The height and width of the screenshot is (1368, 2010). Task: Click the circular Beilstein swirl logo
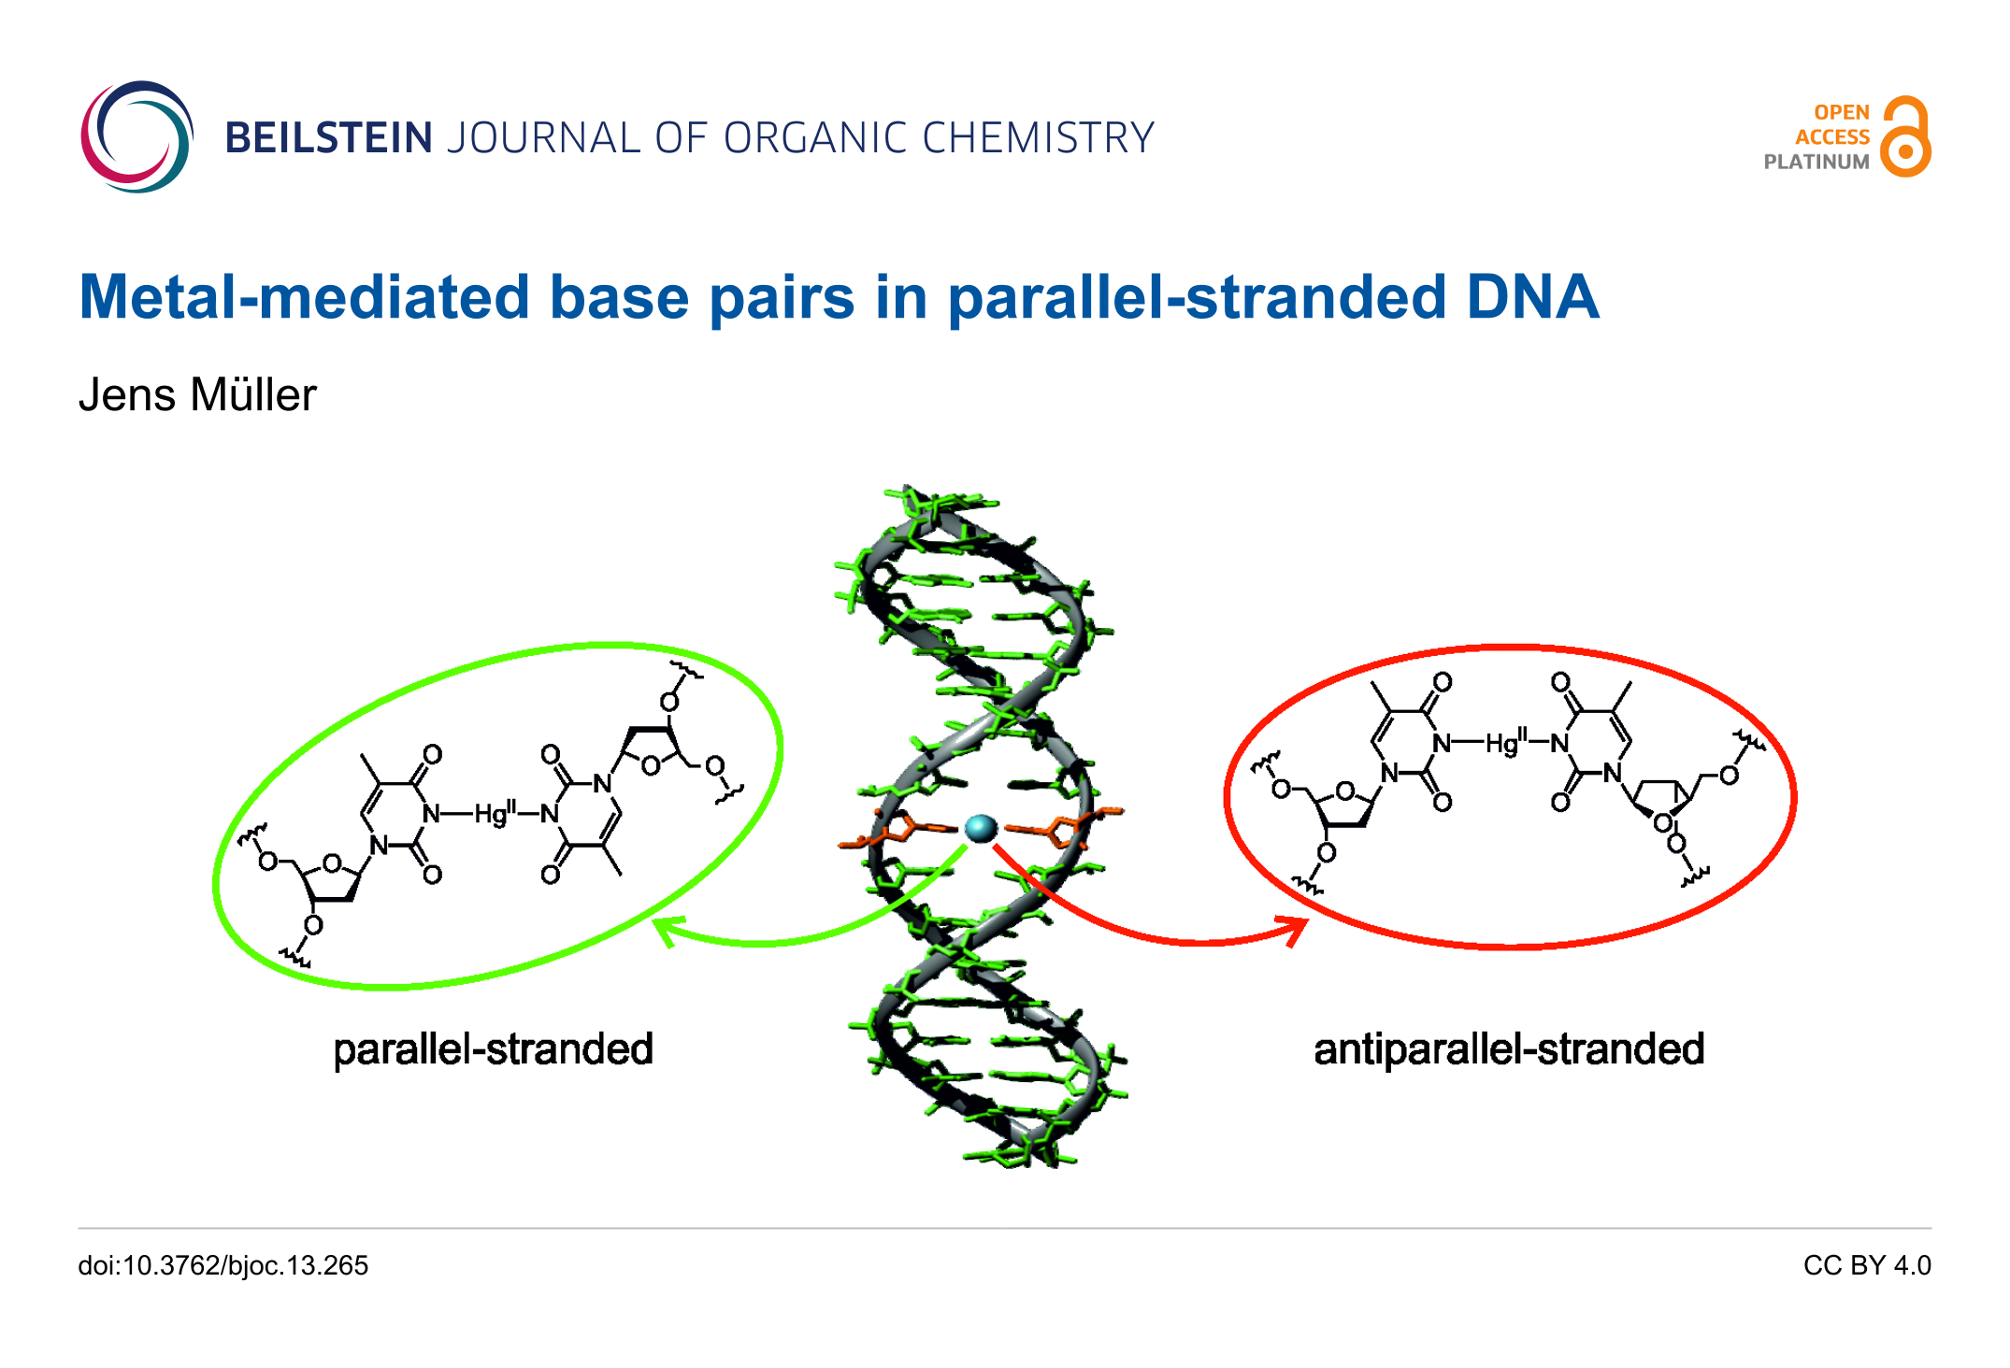point(136,137)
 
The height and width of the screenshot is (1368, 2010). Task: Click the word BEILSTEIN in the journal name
point(329,138)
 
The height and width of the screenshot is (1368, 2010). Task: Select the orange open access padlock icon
point(1906,136)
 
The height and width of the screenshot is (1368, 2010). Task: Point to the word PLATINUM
point(1816,162)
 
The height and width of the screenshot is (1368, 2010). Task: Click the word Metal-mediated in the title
point(305,297)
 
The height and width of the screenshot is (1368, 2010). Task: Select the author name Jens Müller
point(197,394)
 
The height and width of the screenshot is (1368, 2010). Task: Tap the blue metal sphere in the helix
point(981,828)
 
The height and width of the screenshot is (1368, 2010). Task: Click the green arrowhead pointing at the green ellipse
point(666,930)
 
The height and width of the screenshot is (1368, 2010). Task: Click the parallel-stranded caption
point(494,1048)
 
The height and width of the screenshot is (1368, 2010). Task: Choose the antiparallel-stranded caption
point(1509,1048)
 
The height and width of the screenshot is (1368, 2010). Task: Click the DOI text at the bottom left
point(223,1265)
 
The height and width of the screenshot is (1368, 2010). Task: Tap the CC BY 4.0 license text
point(1867,1265)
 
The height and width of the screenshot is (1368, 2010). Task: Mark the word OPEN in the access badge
point(1842,112)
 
